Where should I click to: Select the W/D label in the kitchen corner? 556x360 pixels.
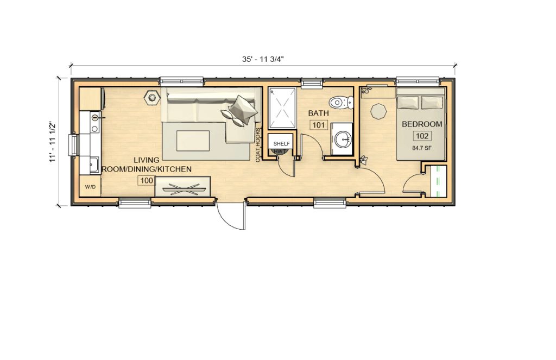coord(90,187)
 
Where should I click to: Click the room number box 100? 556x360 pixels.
coord(145,181)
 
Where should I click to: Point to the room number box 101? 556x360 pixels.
coord(318,125)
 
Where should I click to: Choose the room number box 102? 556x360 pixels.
coord(422,136)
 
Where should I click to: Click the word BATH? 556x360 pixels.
coord(318,113)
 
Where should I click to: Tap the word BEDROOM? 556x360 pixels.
coord(422,124)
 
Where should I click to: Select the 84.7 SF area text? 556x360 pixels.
coord(422,147)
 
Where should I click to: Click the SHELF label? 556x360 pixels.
coord(281,143)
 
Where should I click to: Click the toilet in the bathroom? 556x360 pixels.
coord(342,102)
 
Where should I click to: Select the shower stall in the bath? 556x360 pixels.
coord(282,108)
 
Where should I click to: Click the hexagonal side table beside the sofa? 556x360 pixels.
coord(151,98)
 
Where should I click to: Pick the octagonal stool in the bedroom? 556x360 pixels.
coord(378,110)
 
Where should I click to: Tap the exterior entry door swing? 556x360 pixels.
coord(231,214)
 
